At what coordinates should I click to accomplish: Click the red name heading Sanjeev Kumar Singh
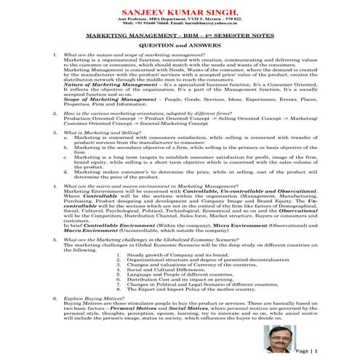click(179, 12)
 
